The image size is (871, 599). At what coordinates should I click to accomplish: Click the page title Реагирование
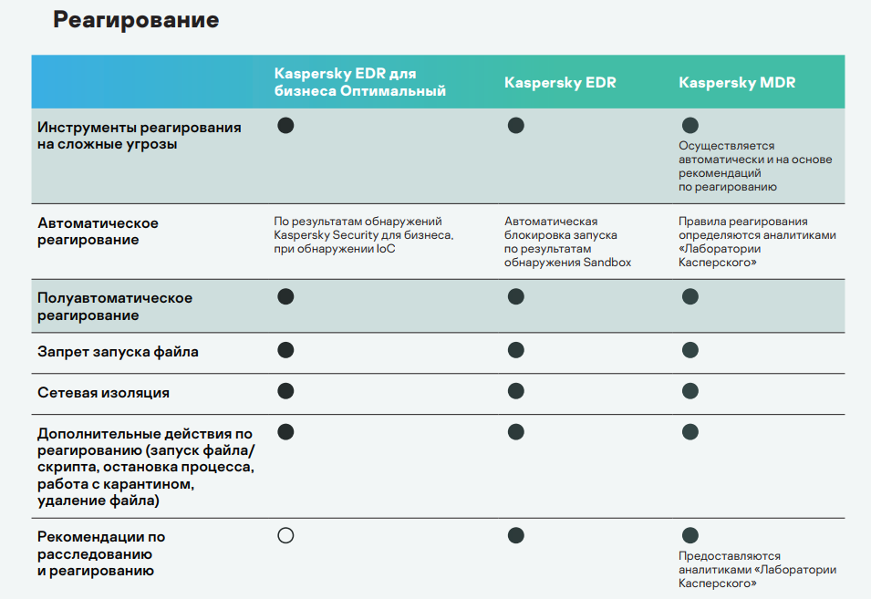coord(136,20)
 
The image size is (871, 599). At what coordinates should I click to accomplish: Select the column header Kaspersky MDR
coord(737,83)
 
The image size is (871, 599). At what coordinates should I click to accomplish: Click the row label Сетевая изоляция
coord(103,393)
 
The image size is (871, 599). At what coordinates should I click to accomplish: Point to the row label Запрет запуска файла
coord(118,351)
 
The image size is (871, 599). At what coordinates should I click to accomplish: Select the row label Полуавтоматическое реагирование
coord(115,306)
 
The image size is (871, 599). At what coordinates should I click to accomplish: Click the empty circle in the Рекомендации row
coord(285,535)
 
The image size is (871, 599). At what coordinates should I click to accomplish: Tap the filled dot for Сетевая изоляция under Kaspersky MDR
coord(690,391)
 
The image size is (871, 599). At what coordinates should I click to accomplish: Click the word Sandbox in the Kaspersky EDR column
coord(607,263)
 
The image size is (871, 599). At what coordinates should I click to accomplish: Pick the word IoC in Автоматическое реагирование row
coord(386,249)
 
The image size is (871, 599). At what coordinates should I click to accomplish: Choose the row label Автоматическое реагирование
coord(98,232)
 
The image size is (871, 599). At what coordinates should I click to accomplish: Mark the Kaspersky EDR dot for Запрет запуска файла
coord(515,350)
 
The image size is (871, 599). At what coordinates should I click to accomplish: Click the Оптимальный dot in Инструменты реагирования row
coord(285,125)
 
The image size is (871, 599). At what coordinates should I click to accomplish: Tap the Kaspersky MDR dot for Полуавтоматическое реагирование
coord(690,296)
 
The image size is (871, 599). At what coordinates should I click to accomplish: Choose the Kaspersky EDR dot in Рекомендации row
coord(515,535)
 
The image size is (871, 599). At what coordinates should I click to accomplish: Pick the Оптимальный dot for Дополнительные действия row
coord(285,431)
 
